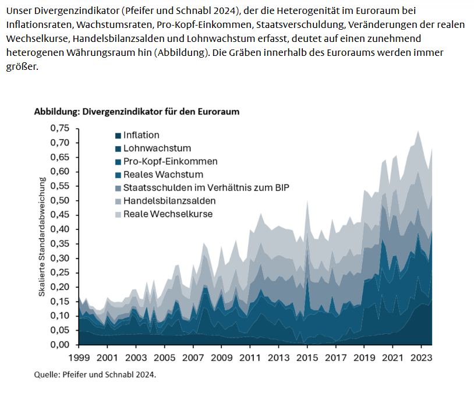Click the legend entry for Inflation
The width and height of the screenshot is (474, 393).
tap(141, 135)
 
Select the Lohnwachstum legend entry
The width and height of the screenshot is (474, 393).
tap(157, 148)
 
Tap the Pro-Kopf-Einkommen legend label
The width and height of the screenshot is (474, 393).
tap(170, 161)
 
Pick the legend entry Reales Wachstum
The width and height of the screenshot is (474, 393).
tap(162, 175)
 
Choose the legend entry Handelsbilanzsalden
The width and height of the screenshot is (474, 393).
tap(169, 201)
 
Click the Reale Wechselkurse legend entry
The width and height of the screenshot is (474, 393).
tap(168, 214)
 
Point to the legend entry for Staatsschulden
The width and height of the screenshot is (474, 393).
tap(206, 187)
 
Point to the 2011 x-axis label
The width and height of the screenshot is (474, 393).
tap(250, 357)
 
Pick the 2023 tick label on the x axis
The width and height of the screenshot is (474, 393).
tap(420, 357)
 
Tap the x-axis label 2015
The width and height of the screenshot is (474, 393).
tap(307, 357)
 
